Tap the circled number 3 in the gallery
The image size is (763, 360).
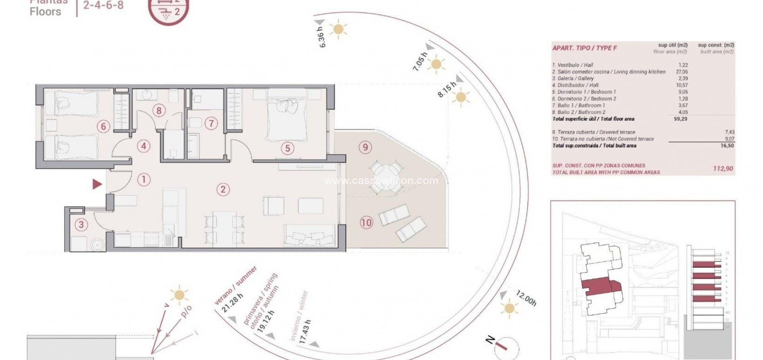coord(82,225)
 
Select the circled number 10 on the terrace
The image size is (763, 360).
coord(366,223)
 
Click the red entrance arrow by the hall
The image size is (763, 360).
coord(97,184)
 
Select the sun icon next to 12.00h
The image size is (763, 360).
coord(510,308)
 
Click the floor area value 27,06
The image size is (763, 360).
coord(681,72)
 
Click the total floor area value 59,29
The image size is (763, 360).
coord(681,119)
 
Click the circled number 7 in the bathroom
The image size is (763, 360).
coord(211,123)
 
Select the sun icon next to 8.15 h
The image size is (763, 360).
coord(461,97)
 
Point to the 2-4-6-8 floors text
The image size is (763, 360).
coord(103,6)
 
